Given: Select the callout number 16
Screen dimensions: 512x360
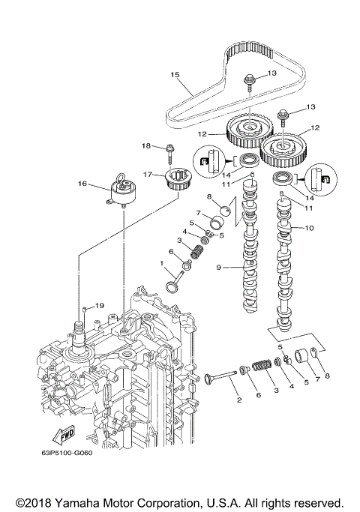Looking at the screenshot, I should point(83,182).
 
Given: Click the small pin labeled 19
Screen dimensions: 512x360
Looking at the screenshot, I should point(86,307).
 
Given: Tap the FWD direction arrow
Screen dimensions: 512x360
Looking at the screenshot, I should point(61,435).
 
